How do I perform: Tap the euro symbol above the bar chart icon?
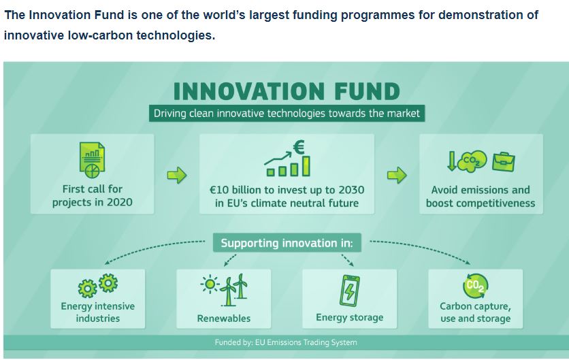299,147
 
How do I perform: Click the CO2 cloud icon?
472,161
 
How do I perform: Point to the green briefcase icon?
503,162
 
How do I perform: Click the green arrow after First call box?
177,176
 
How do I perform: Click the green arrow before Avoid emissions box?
397,176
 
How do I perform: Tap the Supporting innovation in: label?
287,243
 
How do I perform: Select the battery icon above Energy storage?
349,291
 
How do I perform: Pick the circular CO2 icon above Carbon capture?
475,286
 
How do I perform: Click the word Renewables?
224,318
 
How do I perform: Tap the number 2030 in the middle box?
351,190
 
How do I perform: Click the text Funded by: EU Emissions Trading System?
286,342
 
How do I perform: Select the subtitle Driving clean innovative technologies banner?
287,114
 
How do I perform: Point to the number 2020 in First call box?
119,202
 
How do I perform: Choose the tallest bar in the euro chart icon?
306,166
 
